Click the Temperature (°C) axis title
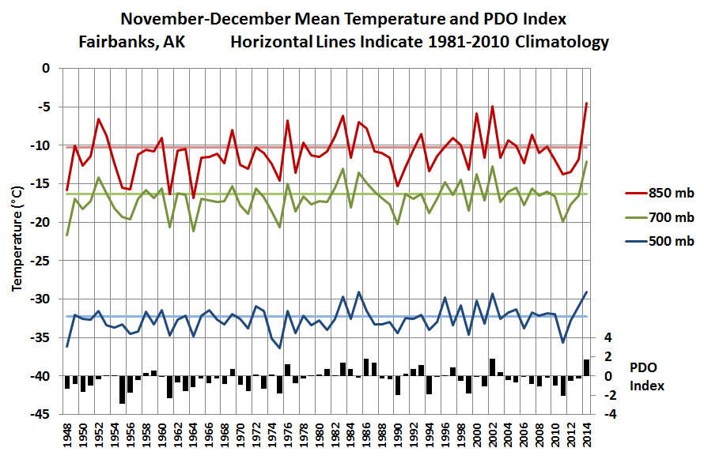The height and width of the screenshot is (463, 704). tap(17, 240)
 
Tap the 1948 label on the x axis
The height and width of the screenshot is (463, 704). tap(67, 437)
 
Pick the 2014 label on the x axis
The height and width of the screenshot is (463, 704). tap(586, 437)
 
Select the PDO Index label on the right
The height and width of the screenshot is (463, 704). tap(648, 377)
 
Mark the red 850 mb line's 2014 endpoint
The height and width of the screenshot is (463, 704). tap(586, 104)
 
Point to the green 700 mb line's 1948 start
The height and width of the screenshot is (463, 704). tap(67, 235)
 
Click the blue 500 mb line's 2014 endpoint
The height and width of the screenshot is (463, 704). tap(586, 292)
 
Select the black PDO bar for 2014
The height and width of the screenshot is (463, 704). tap(586, 367)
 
